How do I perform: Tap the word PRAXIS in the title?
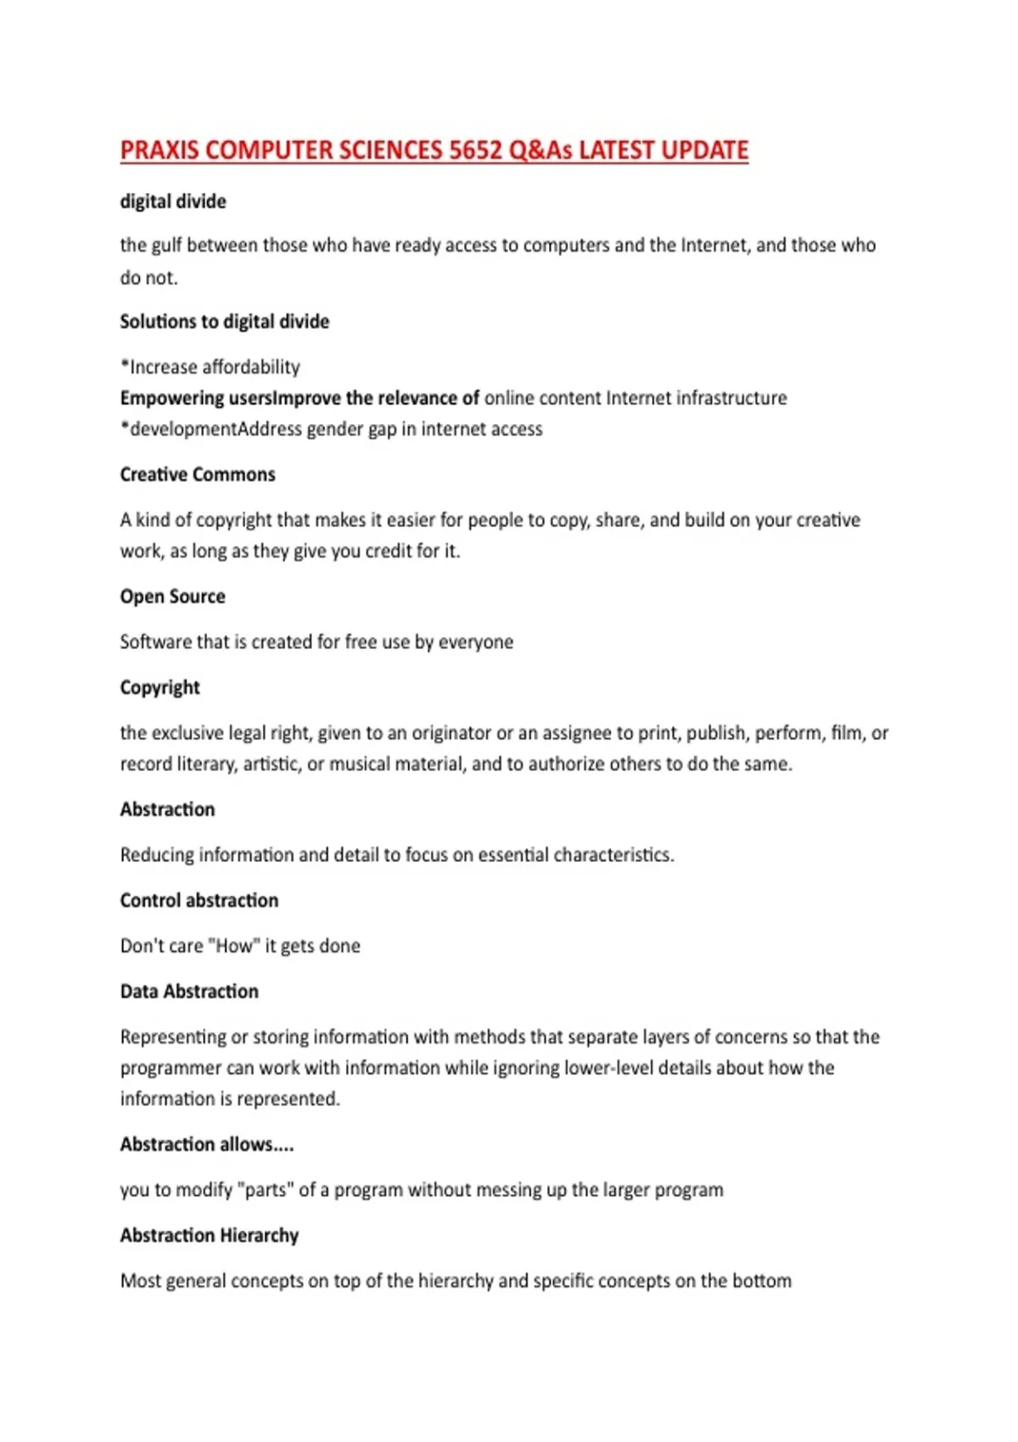(x=159, y=150)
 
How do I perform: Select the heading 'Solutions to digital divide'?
(x=224, y=321)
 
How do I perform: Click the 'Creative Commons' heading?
(x=198, y=474)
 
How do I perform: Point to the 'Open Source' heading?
(x=172, y=596)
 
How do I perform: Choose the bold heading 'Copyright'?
(x=159, y=687)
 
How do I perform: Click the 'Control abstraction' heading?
(x=199, y=900)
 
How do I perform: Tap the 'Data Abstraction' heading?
(x=189, y=991)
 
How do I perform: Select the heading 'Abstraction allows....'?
(x=207, y=1144)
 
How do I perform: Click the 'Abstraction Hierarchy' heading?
(x=209, y=1235)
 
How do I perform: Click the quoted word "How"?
(x=233, y=946)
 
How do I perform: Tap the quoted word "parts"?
(x=265, y=1190)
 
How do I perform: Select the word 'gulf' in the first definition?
(x=166, y=246)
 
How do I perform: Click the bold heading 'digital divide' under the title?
(x=173, y=202)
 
